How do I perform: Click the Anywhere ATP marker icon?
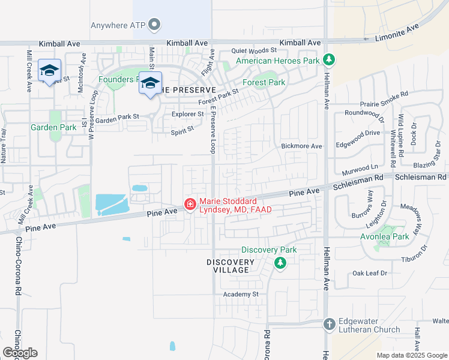coord(155,25)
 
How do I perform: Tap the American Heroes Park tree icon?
coord(328,59)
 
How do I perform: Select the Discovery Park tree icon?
coord(280,263)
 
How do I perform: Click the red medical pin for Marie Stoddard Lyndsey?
coord(190,205)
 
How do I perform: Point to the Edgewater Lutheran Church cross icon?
coord(328,324)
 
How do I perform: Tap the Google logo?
coord(20,353)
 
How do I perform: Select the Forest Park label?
coord(264,82)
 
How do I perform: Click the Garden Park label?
coord(54,127)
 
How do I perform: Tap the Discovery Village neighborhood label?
coord(231,266)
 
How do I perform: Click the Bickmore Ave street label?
coord(301,146)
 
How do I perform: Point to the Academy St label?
coord(240,294)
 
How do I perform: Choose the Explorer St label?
coord(187,114)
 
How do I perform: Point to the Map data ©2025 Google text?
coord(412,355)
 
